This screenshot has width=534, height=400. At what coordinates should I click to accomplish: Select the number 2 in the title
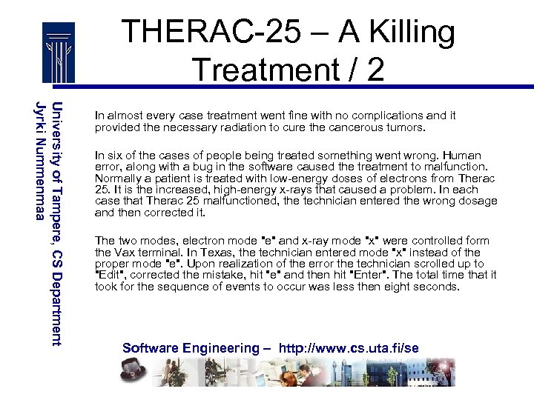click(x=375, y=70)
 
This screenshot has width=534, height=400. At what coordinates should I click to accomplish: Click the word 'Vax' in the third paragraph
click(x=125, y=252)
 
